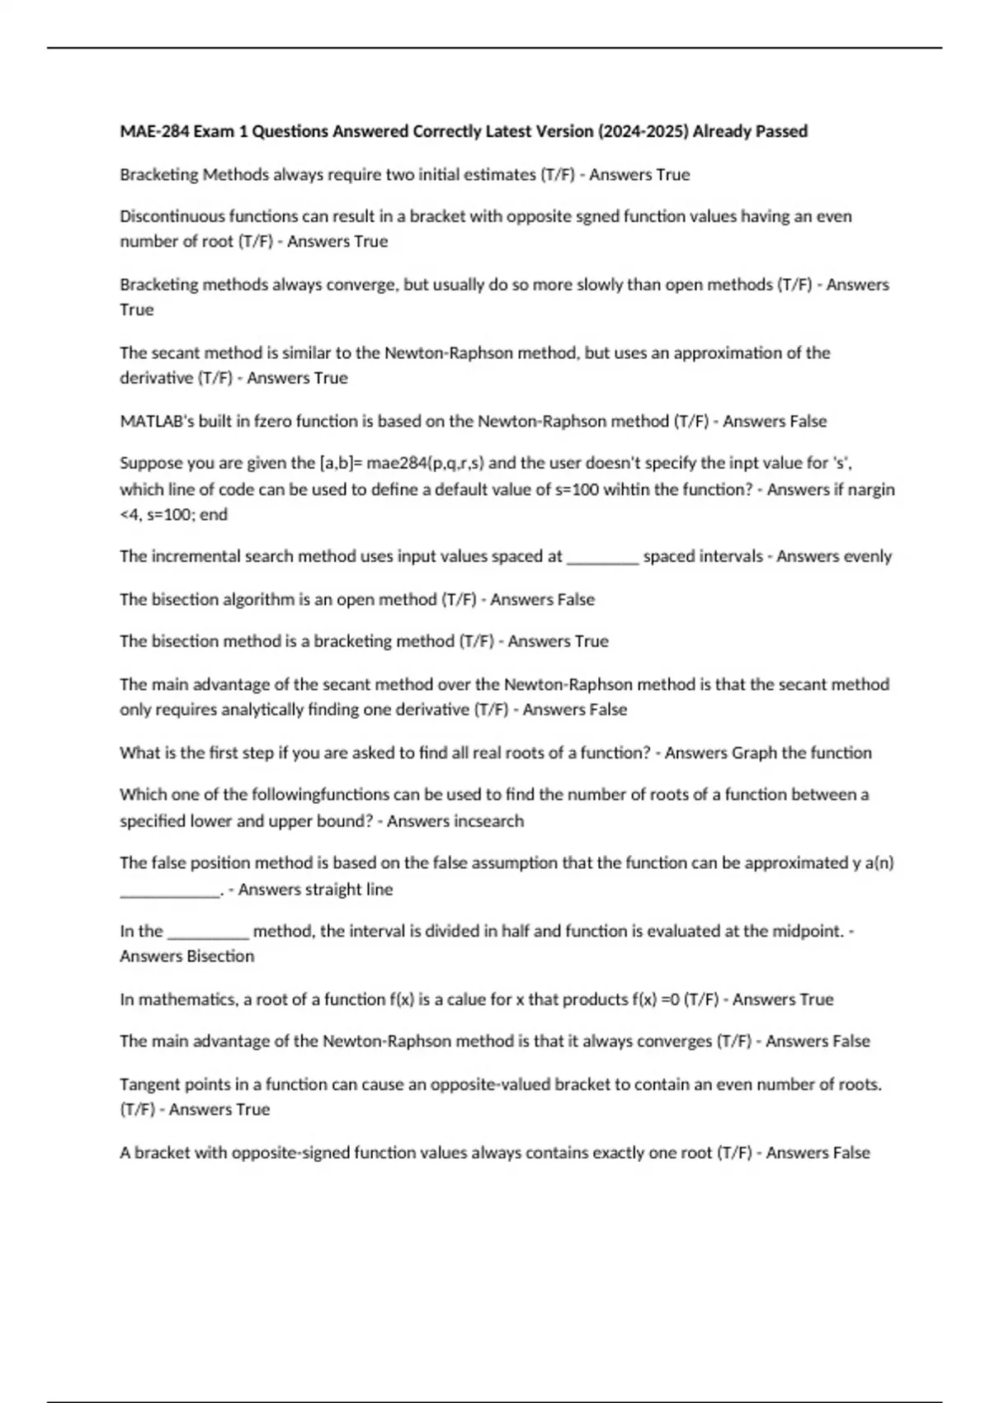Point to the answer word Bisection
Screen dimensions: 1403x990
[220, 957]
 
